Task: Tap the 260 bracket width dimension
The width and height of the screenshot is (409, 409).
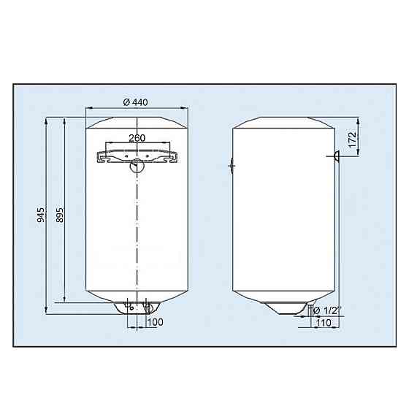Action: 137,137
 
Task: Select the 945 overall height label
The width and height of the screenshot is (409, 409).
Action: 41,215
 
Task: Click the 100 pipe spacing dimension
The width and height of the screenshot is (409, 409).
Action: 156,321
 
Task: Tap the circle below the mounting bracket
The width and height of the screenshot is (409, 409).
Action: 137,167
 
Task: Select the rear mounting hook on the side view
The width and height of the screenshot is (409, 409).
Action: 337,155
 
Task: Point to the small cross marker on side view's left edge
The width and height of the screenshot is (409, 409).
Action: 232,166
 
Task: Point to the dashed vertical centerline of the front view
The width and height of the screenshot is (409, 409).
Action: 137,234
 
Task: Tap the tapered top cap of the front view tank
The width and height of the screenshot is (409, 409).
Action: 137,121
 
